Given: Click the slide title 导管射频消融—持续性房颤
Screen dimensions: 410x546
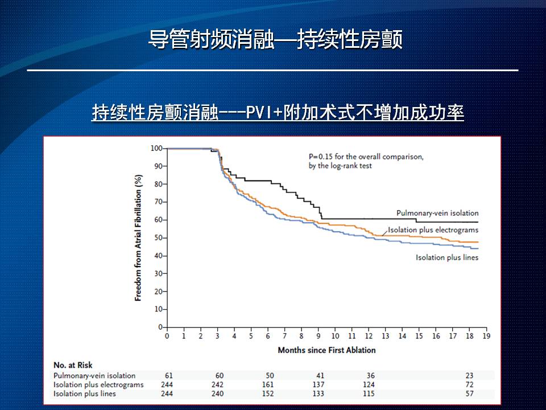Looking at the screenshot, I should pos(275,39).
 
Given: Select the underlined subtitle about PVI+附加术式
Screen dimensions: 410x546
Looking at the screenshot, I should pos(278,112).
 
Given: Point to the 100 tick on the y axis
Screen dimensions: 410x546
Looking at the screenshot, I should pos(156,149).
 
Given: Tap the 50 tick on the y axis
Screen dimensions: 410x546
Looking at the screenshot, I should pos(158,237).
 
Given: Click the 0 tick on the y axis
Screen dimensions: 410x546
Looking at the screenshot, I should pos(160,327).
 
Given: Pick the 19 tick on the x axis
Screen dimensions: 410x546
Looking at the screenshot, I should pos(486,336).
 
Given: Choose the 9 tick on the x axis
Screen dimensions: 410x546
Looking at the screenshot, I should pos(318,336).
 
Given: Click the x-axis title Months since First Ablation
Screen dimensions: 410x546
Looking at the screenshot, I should pos(326,350).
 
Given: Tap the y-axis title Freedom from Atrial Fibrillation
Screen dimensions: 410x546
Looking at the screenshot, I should pos(138,237).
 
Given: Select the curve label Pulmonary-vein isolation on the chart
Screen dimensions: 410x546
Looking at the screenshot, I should pos(437,213).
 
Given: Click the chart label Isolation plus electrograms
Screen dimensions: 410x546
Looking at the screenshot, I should pos(433,230).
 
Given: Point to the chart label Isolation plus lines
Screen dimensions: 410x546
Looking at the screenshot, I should pos(447,257).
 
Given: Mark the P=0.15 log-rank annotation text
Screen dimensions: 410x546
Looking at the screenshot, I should pos(362,161).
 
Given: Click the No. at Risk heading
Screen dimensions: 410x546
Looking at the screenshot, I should pos(73,365).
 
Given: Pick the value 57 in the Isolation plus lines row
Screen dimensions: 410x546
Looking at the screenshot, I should pos(470,393).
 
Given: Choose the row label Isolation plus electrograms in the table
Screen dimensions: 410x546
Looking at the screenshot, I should pos(98,384).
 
